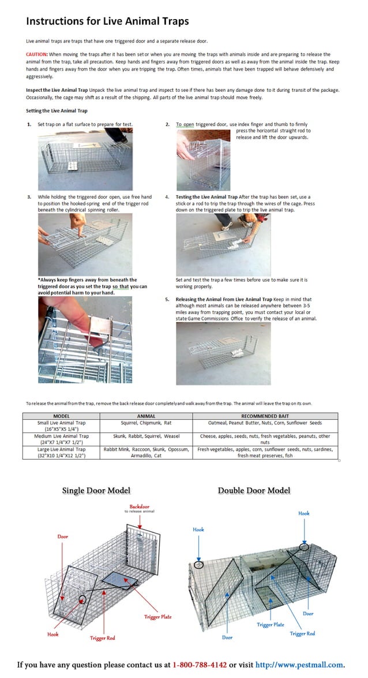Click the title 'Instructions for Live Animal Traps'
[x=107, y=21]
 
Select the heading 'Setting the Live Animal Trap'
[x=57, y=110]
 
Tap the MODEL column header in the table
[x=61, y=415]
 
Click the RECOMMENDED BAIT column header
[x=265, y=415]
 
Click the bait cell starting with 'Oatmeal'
[x=265, y=423]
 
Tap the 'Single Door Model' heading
[x=96, y=491]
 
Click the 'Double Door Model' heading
[x=254, y=491]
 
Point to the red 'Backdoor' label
[x=140, y=507]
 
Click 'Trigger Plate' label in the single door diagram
[x=157, y=617]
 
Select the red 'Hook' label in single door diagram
[x=52, y=634]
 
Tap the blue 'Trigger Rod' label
[x=302, y=634]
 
